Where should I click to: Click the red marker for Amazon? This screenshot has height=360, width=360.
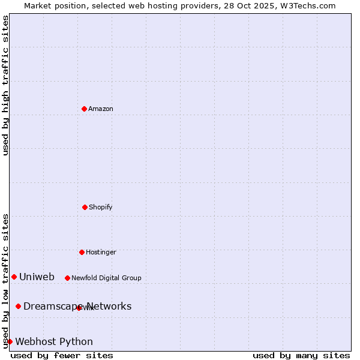click(x=84, y=109)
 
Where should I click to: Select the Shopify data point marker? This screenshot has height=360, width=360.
click(x=85, y=207)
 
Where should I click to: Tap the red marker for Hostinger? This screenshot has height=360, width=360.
click(x=82, y=252)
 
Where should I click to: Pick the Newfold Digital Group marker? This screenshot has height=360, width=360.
click(x=67, y=278)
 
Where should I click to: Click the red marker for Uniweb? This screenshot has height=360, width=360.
click(x=14, y=277)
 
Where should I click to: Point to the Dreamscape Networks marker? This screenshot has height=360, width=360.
click(x=18, y=306)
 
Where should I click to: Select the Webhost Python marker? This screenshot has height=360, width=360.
click(x=10, y=341)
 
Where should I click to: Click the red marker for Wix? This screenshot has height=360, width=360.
click(x=79, y=308)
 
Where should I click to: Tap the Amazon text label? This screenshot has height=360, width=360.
click(x=101, y=109)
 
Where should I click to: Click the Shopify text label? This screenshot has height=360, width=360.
click(x=101, y=208)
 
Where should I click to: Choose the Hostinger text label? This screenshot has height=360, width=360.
click(x=101, y=253)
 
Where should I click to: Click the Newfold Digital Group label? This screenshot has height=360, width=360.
click(x=106, y=278)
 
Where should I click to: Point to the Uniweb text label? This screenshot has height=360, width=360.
click(x=37, y=277)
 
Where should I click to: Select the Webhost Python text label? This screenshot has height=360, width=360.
click(x=54, y=342)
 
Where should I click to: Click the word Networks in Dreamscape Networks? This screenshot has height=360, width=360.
click(x=109, y=307)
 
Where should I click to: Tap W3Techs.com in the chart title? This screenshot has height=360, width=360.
click(x=307, y=5)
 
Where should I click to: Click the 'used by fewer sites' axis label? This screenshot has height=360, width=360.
click(x=62, y=356)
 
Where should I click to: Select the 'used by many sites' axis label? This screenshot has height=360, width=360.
click(x=301, y=356)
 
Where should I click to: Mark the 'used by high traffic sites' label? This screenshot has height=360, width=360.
click(x=5, y=85)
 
